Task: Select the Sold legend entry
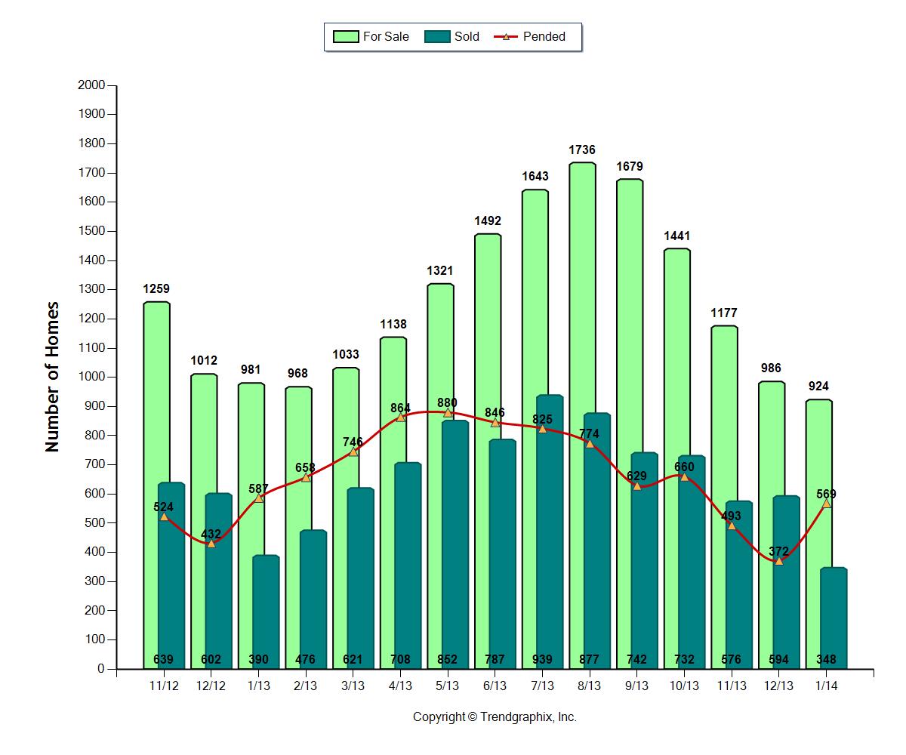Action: (452, 36)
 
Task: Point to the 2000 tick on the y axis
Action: (91, 85)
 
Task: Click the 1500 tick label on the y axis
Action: (91, 231)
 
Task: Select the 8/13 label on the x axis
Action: (589, 686)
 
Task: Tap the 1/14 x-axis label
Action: (826, 686)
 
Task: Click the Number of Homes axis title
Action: (52, 377)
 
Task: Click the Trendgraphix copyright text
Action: (495, 717)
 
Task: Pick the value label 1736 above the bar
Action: (582, 150)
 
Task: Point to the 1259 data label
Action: (156, 288)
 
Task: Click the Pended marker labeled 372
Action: (778, 561)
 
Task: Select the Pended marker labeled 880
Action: (448, 412)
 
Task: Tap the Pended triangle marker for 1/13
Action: (258, 498)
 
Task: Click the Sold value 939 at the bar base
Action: (542, 659)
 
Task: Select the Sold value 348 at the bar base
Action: (826, 659)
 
